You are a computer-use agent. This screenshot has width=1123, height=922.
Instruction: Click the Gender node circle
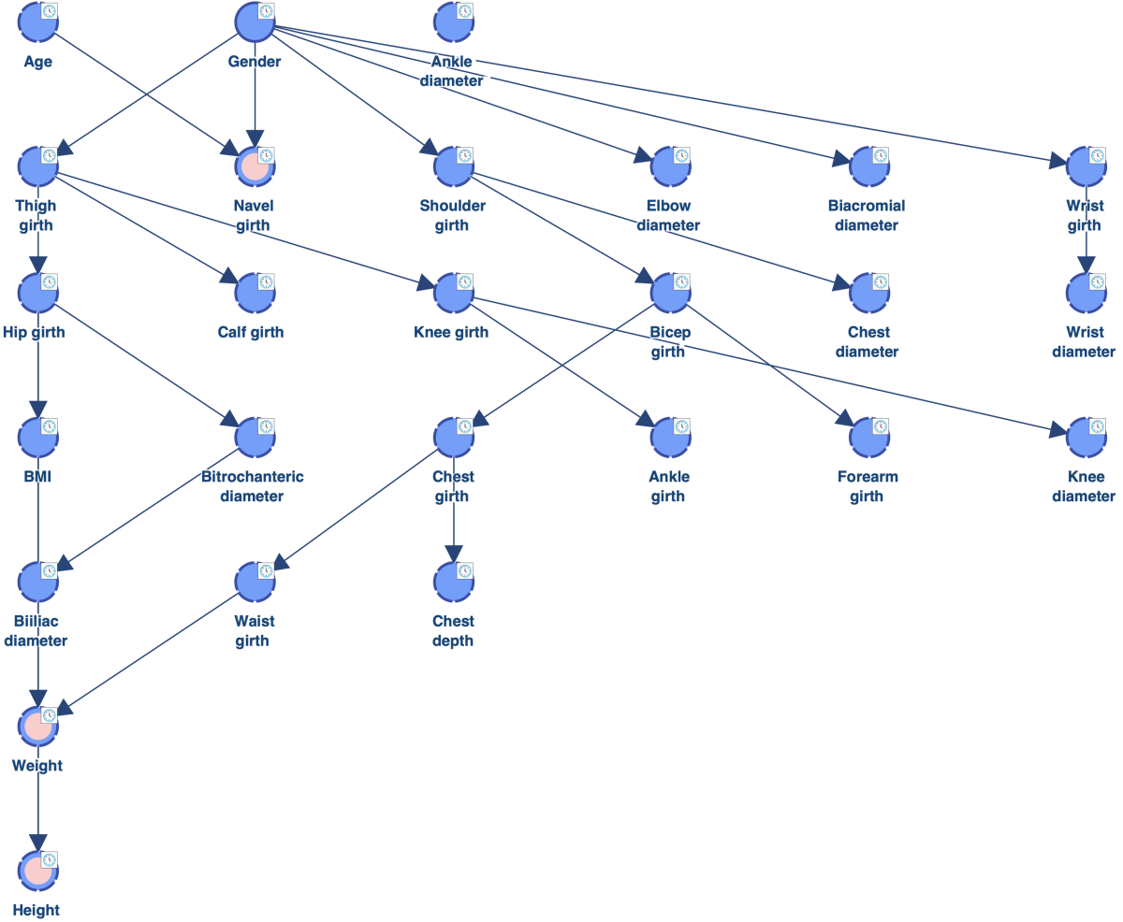(x=255, y=22)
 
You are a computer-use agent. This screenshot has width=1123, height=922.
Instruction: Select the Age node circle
(x=37, y=22)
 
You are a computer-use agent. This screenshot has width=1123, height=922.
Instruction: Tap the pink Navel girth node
(x=255, y=166)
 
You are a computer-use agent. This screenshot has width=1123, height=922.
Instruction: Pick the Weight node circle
(x=37, y=727)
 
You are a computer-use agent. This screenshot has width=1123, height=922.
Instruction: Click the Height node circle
(x=37, y=871)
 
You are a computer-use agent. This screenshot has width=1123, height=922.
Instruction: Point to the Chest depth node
(x=453, y=582)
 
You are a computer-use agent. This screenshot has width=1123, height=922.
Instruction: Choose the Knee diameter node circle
(x=1086, y=438)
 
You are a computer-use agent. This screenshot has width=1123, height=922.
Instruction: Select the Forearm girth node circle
(x=869, y=438)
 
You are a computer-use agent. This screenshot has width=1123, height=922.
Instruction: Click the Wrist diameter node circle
(x=1086, y=293)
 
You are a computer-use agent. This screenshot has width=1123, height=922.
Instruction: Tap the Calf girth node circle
(x=255, y=293)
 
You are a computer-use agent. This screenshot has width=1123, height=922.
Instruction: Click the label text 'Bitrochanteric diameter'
(x=252, y=486)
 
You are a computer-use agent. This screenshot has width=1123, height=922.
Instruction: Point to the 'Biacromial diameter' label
(x=867, y=215)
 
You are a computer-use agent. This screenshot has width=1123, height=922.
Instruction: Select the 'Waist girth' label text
(x=254, y=631)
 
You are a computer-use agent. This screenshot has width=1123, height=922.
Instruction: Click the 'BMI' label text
(x=37, y=476)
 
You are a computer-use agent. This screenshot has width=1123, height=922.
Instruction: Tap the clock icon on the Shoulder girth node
(x=465, y=155)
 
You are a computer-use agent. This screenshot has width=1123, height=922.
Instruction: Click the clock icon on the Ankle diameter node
(x=465, y=10)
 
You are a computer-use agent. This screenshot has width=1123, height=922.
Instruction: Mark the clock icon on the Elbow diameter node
(x=681, y=155)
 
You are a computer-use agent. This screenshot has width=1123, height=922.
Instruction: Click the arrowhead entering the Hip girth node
(x=37, y=265)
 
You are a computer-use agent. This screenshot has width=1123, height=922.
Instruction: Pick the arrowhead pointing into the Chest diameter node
(x=841, y=282)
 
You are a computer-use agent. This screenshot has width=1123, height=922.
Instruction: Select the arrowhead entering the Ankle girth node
(x=646, y=419)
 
